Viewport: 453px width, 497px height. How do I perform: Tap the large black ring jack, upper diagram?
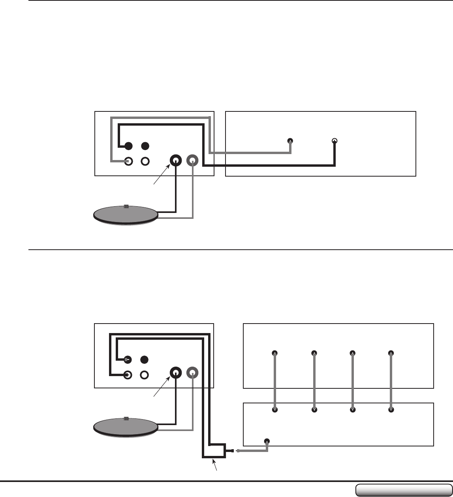(x=176, y=161)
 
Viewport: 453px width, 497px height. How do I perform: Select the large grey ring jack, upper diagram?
(x=193, y=161)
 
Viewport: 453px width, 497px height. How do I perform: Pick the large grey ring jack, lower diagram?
(x=193, y=373)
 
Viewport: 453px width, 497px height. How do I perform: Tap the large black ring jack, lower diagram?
(x=176, y=373)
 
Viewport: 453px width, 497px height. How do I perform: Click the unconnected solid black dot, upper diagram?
(x=145, y=146)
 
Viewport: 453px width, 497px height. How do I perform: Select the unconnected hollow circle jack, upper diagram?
(x=145, y=162)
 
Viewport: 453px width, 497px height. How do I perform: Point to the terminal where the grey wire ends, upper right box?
(x=290, y=141)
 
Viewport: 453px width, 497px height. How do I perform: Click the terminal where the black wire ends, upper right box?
(x=335, y=141)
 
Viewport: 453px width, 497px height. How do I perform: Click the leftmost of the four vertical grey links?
(x=274, y=381)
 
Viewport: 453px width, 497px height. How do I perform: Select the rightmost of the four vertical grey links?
(x=391, y=381)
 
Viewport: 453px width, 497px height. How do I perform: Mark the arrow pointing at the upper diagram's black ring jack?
(x=162, y=174)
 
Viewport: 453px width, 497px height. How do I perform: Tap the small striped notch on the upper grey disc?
(x=126, y=206)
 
